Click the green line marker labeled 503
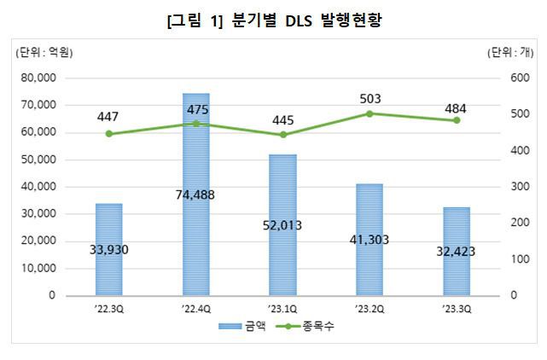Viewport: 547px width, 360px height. point(370,113)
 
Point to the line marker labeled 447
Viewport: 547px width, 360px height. point(109,134)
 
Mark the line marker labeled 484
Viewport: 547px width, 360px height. point(456,120)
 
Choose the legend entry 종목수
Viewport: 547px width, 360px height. point(306,327)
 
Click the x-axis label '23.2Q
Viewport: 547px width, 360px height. point(370,310)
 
